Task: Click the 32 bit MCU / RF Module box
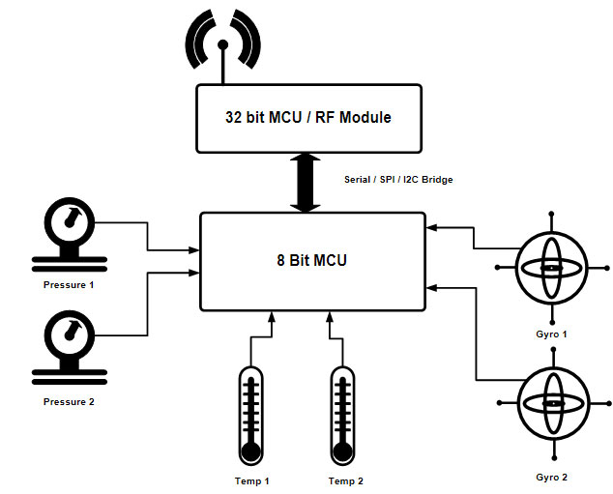pyautogui.click(x=308, y=118)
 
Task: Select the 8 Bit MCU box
pyautogui.click(x=311, y=260)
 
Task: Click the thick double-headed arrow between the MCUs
pyautogui.click(x=308, y=182)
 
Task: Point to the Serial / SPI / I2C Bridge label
pyautogui.click(x=398, y=180)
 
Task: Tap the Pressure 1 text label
pyautogui.click(x=69, y=286)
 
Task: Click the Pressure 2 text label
pyautogui.click(x=69, y=402)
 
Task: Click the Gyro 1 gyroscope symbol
pyautogui.click(x=551, y=267)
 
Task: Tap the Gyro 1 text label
pyautogui.click(x=551, y=334)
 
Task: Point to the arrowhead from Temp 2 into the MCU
pyautogui.click(x=330, y=317)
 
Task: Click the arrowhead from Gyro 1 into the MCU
pyautogui.click(x=431, y=228)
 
